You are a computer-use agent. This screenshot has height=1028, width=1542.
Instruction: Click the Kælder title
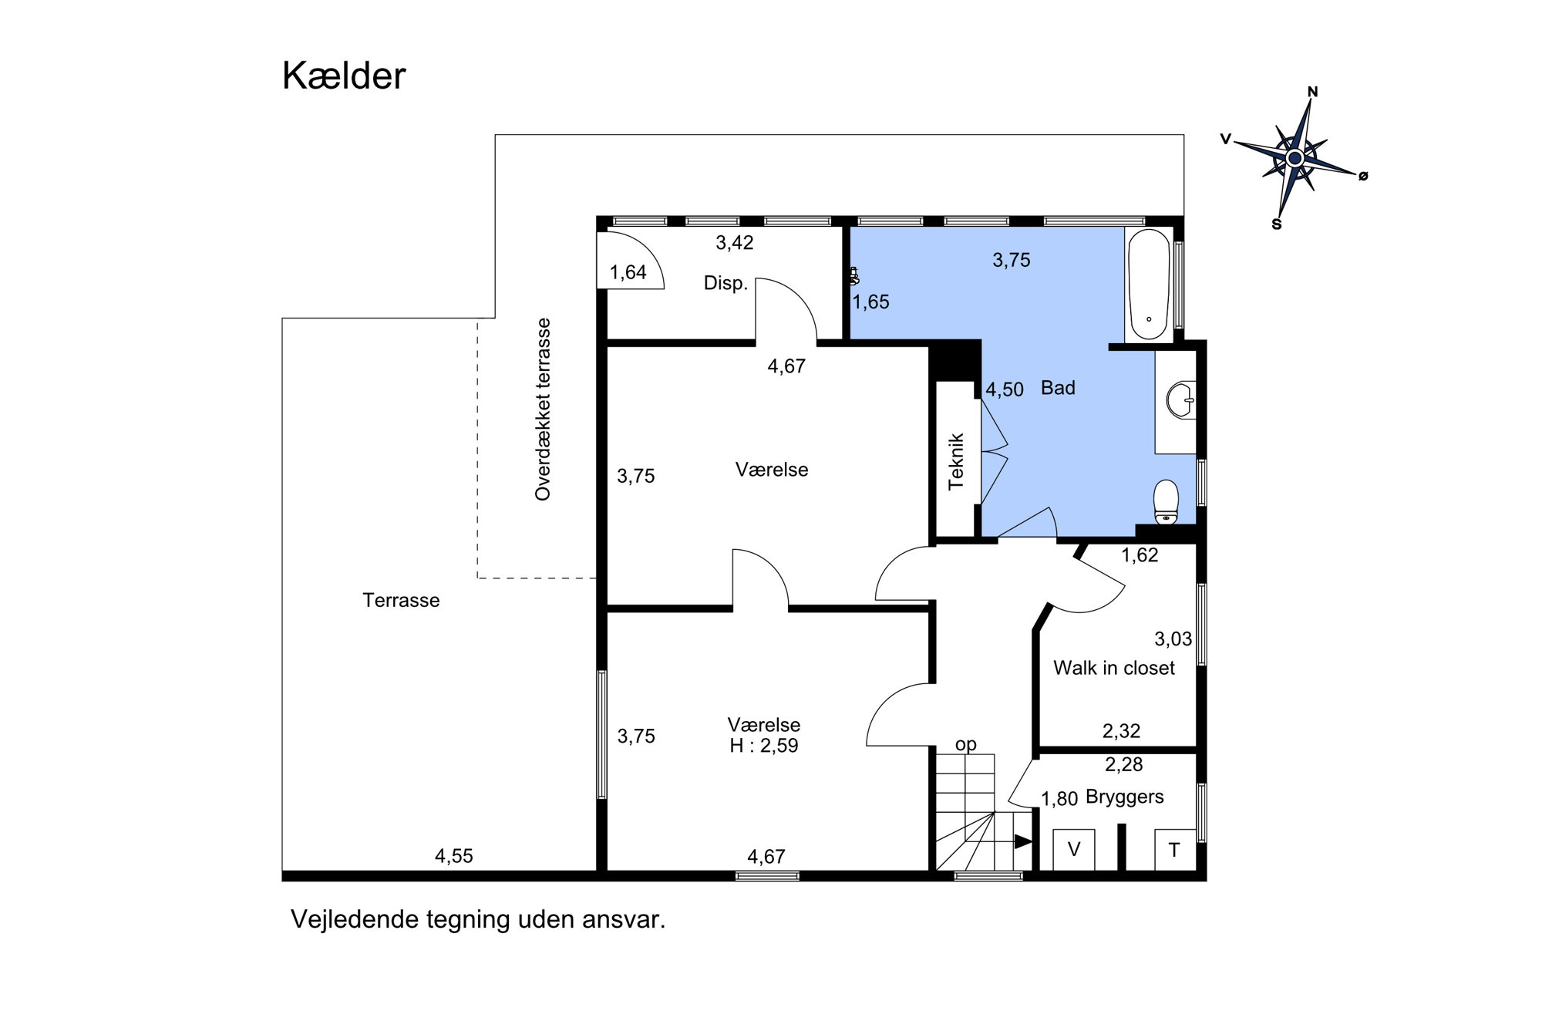(344, 76)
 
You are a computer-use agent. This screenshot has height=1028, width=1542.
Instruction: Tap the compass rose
(1295, 158)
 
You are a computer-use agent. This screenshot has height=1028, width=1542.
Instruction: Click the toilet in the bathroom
(1167, 502)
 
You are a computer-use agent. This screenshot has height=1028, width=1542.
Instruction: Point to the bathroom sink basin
(1180, 400)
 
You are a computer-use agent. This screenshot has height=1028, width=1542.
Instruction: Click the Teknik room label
(956, 461)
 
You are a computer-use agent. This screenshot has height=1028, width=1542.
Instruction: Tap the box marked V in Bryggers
(1073, 850)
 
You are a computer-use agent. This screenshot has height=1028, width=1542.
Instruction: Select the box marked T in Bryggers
(1174, 850)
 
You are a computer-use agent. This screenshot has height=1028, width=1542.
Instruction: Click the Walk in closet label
(1114, 668)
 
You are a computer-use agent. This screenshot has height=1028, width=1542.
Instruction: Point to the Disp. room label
(726, 283)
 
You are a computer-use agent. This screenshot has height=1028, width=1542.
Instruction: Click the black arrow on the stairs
(1023, 841)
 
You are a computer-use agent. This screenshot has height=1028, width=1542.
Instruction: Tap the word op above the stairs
(966, 744)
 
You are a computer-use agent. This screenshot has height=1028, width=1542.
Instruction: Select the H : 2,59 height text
(764, 746)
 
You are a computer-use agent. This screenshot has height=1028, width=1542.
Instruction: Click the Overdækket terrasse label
(543, 410)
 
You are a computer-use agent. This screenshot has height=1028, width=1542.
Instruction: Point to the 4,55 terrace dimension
(454, 856)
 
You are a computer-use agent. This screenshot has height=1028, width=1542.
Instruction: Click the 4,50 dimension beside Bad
(1005, 389)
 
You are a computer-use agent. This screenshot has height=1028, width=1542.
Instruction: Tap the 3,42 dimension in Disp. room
(735, 243)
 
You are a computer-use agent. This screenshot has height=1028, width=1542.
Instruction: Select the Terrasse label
(401, 600)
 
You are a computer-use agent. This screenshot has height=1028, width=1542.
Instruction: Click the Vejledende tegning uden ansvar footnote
(478, 919)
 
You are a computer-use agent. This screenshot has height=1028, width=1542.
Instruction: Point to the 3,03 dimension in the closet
(1173, 639)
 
